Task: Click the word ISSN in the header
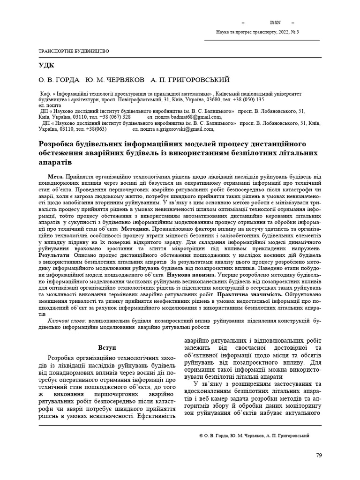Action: [276, 22]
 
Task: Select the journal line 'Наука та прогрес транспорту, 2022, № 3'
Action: [257, 32]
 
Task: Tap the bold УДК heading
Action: [46, 65]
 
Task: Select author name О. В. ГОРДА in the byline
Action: [55, 80]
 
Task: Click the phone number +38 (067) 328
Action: [112, 117]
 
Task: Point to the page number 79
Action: [319, 455]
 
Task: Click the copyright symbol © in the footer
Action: [201, 435]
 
